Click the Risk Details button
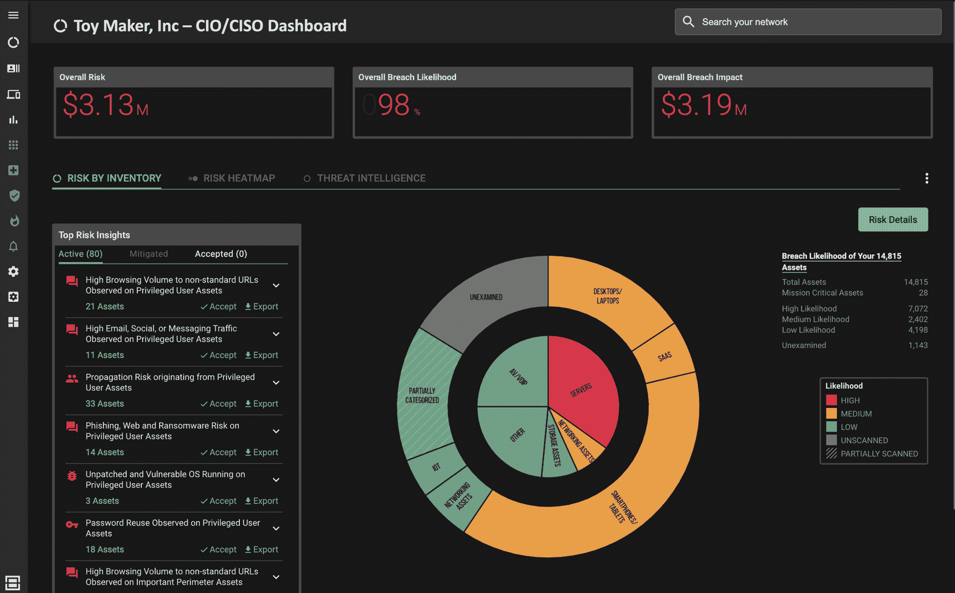coord(893,219)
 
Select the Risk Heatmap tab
coord(239,178)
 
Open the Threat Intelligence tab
coord(371,178)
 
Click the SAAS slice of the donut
coord(664,356)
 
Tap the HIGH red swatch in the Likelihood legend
coord(831,400)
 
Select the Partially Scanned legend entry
coord(879,453)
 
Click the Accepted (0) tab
coord(221,254)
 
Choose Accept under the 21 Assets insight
coord(218,306)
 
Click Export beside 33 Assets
coord(261,404)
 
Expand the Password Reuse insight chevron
coord(276,528)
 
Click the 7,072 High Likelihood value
coord(918,309)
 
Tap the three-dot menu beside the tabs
coord(926,178)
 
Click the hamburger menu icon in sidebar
coord(13,15)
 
